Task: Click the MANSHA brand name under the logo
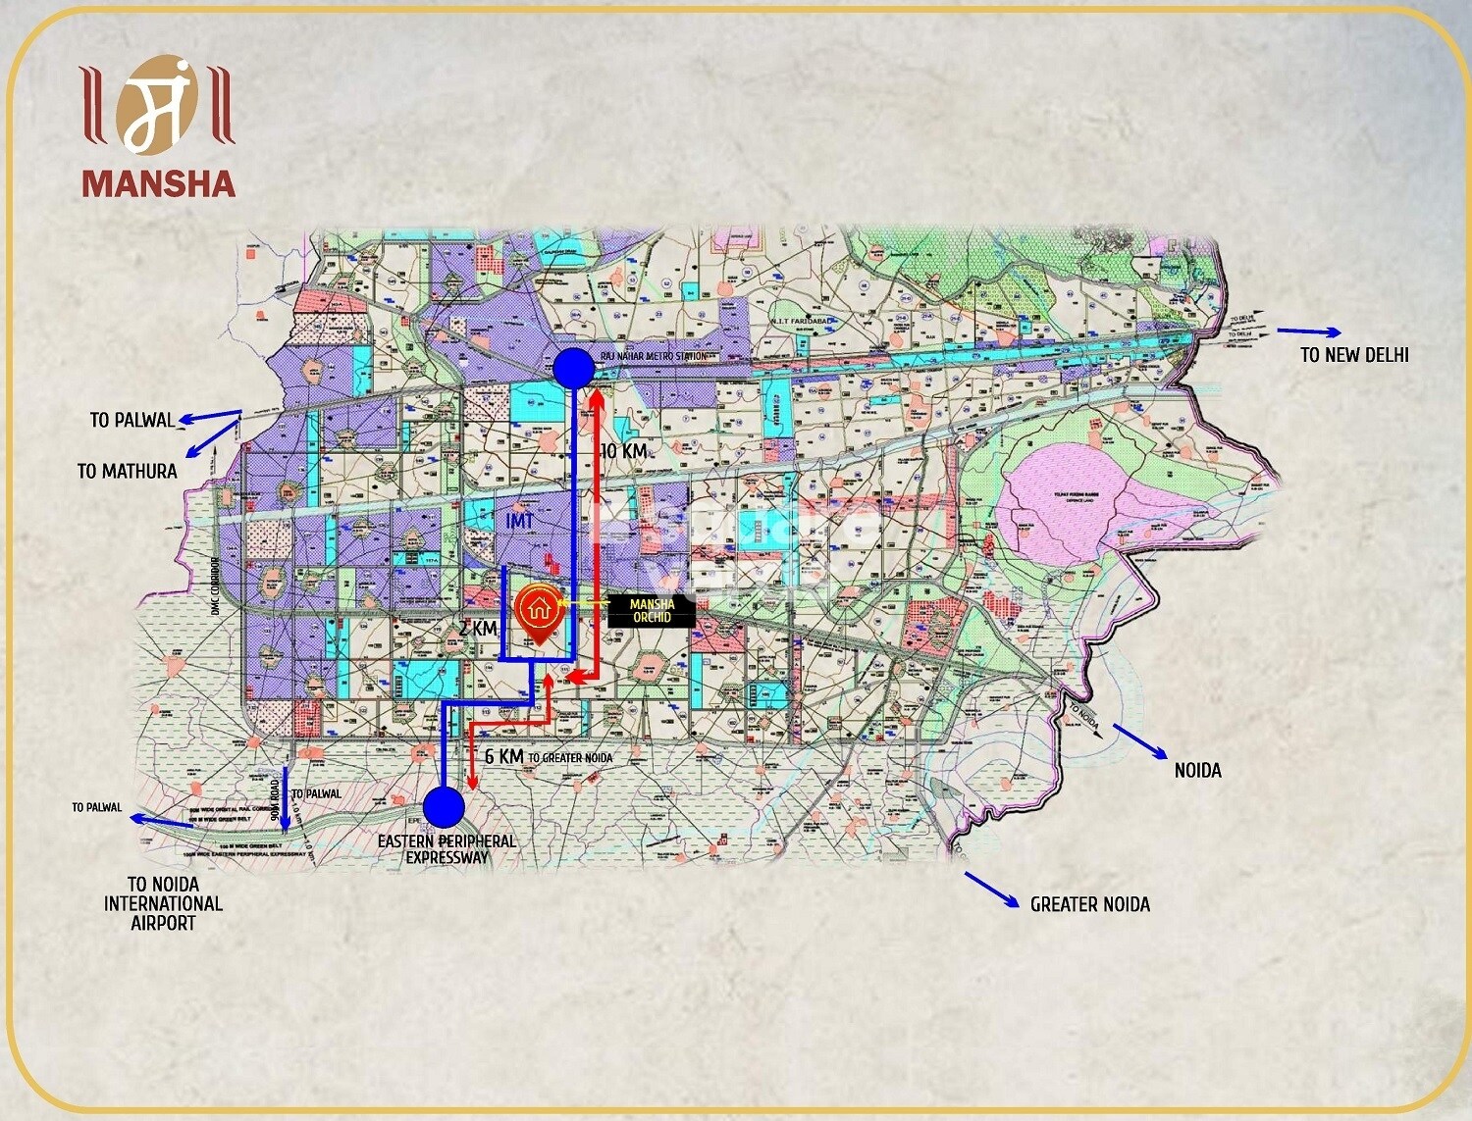pyautogui.click(x=158, y=183)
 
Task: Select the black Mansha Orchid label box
pyautogui.click(x=652, y=611)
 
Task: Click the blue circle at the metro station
pyautogui.click(x=573, y=369)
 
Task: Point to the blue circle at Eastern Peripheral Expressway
pyautogui.click(x=444, y=807)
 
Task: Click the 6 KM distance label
pyautogui.click(x=503, y=756)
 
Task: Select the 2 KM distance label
pyautogui.click(x=478, y=628)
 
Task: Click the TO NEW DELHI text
pyautogui.click(x=1354, y=355)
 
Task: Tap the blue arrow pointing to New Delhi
pyautogui.click(x=1307, y=332)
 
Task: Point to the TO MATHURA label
pyautogui.click(x=128, y=471)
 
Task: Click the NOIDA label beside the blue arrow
pyautogui.click(x=1197, y=770)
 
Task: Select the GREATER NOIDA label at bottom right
pyautogui.click(x=1089, y=904)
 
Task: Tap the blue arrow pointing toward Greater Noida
pyautogui.click(x=991, y=890)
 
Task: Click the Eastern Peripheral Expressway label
pyautogui.click(x=447, y=849)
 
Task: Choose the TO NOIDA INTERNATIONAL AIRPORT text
pyautogui.click(x=163, y=903)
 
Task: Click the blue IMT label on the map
pyautogui.click(x=519, y=520)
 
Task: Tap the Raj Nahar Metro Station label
pyautogui.click(x=654, y=356)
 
